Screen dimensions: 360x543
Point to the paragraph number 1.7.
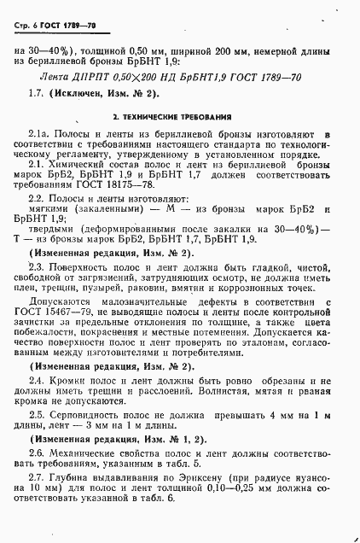point(36,92)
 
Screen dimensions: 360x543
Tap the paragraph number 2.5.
point(37,416)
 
